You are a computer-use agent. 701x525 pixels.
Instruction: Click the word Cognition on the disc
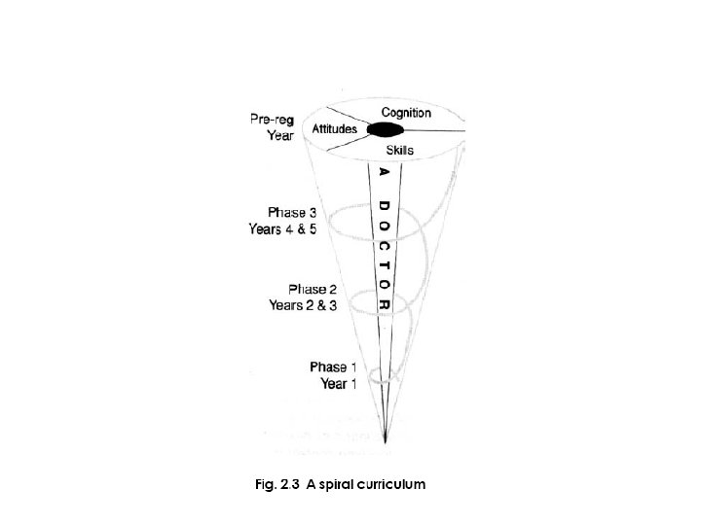point(407,114)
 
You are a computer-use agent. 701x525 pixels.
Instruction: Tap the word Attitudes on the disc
point(335,129)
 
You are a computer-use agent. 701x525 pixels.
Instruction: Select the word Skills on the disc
point(400,151)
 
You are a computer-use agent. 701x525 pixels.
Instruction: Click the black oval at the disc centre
point(384,130)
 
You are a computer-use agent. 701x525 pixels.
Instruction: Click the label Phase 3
point(291,212)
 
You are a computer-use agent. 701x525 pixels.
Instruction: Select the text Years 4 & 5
point(282,229)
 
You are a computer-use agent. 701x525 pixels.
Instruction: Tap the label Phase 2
point(314,289)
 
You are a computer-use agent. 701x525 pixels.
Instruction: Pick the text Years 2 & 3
point(304,305)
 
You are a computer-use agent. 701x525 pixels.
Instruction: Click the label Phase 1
point(334,367)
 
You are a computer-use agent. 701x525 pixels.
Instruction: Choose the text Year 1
point(340,383)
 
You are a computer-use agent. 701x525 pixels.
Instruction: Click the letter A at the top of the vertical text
point(384,173)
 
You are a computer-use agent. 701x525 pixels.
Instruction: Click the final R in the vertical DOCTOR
point(385,304)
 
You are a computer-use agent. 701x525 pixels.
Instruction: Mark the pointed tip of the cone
point(387,444)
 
